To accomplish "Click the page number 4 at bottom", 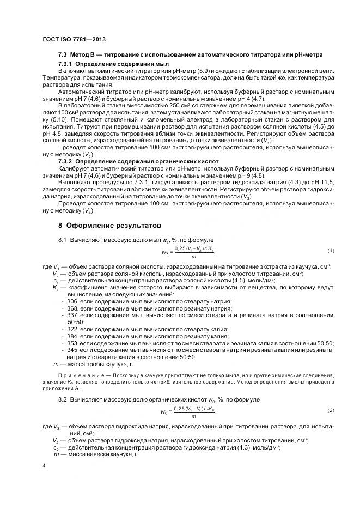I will point(44,466).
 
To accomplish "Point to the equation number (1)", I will point(330,251).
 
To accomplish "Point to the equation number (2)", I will point(330,410).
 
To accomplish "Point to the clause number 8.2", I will point(62,400).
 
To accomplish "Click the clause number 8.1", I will point(62,240).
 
